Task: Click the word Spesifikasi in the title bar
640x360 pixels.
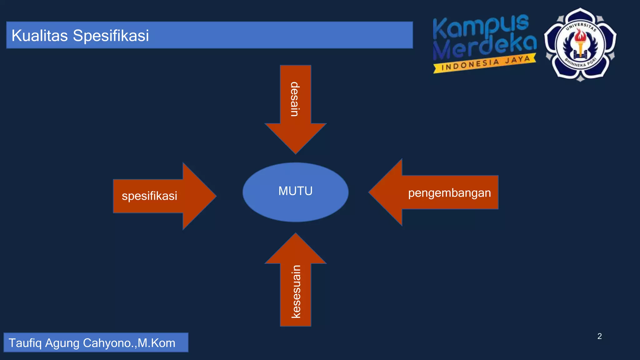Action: [111, 35]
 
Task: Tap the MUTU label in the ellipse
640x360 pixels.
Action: [295, 191]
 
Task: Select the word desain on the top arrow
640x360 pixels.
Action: [295, 99]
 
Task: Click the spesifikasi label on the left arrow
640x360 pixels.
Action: [149, 196]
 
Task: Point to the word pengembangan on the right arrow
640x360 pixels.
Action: [449, 193]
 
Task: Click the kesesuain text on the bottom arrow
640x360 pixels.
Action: [296, 292]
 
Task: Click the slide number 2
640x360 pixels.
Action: [599, 336]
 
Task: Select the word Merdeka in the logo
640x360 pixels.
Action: [484, 47]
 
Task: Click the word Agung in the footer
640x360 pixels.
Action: [62, 343]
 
